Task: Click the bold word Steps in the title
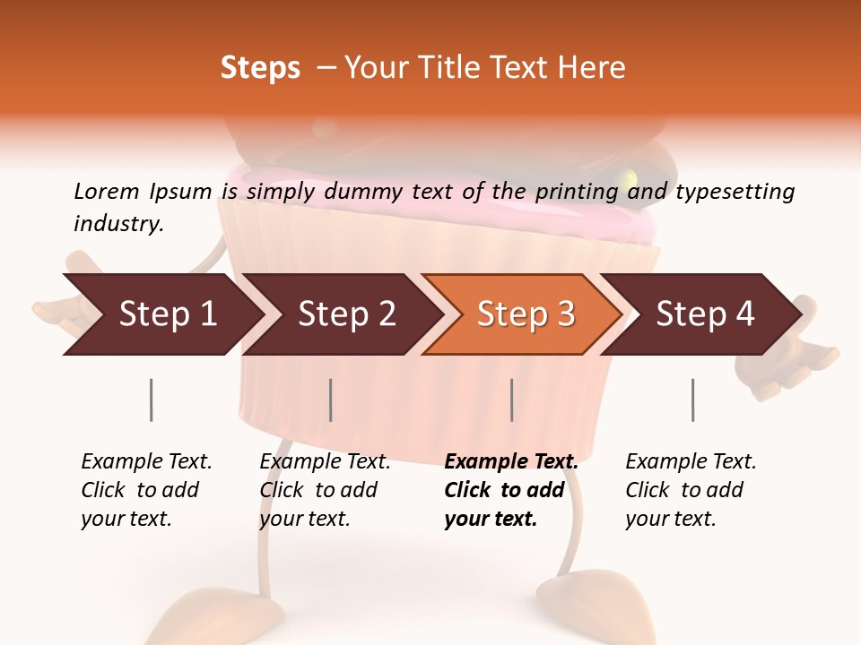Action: coord(260,68)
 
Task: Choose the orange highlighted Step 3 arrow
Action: coord(526,314)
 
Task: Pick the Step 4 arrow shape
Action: coord(705,314)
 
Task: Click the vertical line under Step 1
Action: coord(152,400)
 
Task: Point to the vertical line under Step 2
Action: coord(331,400)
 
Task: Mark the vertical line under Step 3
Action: coord(512,400)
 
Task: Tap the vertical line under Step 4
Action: coord(693,400)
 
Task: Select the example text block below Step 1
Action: coord(146,490)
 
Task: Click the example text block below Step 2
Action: coord(325,490)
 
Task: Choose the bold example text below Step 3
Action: coord(511,490)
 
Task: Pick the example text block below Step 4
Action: coord(691,490)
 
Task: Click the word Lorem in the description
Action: coord(107,191)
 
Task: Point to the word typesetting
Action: coord(735,192)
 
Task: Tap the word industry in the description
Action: coord(117,224)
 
